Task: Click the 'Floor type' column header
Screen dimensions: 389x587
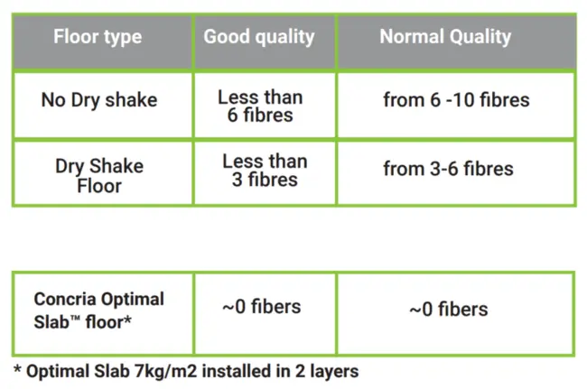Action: [x=98, y=38]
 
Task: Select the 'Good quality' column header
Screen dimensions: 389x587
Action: [x=259, y=37]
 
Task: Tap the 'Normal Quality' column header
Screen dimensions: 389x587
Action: [x=445, y=37]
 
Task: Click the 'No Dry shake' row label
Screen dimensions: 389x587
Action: [x=98, y=100]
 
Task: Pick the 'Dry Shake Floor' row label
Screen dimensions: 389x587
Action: [x=99, y=176]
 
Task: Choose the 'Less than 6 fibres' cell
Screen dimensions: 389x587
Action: [x=260, y=107]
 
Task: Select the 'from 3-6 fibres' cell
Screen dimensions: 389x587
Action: [x=448, y=169]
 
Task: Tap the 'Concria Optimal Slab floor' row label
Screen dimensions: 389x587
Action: [x=99, y=310]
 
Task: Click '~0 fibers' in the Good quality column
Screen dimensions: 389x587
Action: [x=262, y=307]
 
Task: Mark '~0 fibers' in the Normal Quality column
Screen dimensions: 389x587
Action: [x=448, y=310]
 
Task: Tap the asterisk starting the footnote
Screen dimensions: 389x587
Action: [x=17, y=369]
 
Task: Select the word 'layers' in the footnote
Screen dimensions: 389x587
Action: [x=331, y=371]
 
